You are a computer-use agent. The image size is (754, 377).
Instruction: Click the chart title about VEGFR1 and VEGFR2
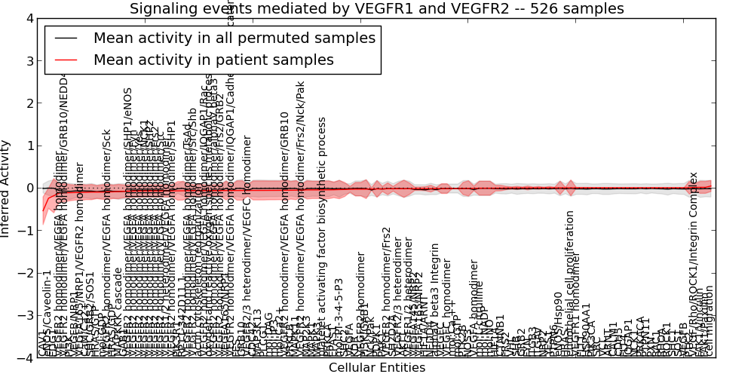coord(376,9)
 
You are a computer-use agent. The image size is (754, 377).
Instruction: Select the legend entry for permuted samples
coord(234,38)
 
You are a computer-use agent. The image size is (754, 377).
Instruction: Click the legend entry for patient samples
coord(213,60)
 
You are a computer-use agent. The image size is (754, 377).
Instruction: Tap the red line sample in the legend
coord(67,60)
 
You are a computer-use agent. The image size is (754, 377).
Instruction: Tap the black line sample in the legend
coord(67,38)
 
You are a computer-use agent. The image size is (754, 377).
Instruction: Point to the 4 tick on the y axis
coord(28,18)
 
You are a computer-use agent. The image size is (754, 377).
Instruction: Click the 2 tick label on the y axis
coord(28,103)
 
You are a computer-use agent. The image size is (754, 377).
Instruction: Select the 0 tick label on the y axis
coord(28,188)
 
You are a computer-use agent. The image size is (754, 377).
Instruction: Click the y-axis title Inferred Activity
coord(7,188)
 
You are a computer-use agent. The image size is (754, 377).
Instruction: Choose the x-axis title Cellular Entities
coord(376,368)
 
